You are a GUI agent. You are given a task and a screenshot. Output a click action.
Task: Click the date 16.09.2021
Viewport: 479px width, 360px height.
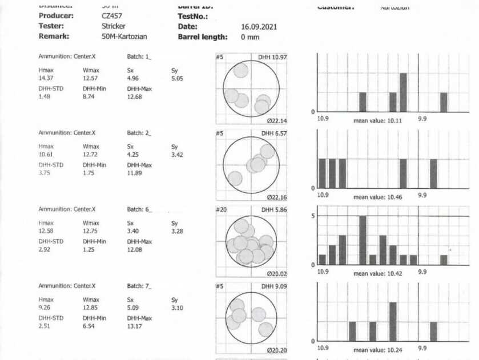click(259, 27)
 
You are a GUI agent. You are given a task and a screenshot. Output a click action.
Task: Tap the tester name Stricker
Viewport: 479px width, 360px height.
click(114, 26)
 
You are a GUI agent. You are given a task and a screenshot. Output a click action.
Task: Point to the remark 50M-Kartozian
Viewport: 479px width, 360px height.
click(124, 37)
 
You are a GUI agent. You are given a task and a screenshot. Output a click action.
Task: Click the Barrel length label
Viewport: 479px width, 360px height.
click(203, 37)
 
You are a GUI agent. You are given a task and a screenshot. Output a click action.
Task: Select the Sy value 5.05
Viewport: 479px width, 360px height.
click(177, 78)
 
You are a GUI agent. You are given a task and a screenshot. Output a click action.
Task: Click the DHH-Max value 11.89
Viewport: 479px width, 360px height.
click(136, 173)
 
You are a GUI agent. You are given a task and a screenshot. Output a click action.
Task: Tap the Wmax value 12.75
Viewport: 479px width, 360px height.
click(91, 230)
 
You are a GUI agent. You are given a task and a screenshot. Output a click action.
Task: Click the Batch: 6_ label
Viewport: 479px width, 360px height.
click(139, 209)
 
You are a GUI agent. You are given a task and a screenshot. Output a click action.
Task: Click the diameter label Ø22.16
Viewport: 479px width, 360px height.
click(277, 197)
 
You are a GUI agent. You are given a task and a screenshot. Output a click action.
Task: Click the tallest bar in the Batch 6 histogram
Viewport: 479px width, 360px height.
click(363, 240)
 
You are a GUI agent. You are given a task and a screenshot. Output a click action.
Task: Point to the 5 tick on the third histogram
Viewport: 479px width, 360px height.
click(313, 216)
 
